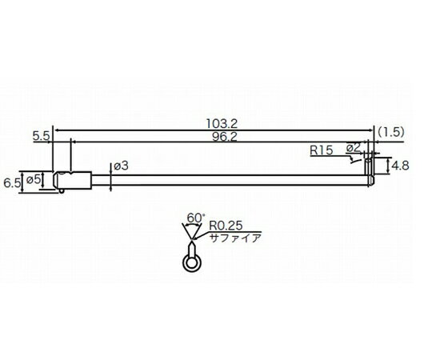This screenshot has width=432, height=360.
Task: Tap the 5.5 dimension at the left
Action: pos(42,137)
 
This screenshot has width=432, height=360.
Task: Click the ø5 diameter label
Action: pos(35,178)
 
